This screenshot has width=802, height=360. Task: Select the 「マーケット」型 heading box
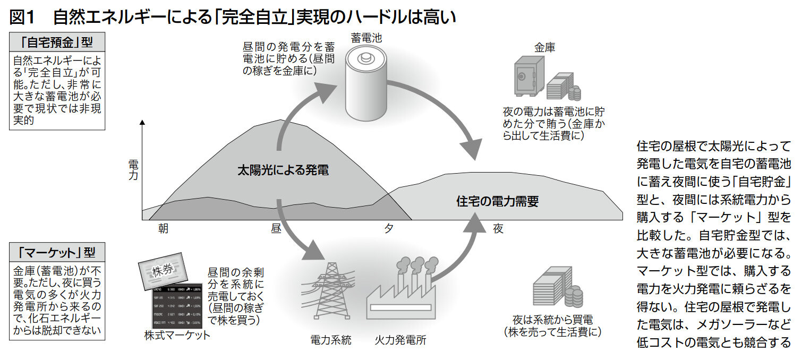coord(57,251)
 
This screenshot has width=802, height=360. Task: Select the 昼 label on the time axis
coord(276,229)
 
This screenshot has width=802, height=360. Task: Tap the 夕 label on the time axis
coord(389,229)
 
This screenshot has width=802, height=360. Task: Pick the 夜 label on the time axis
coord(498,229)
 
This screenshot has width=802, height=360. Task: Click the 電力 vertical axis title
coord(133,169)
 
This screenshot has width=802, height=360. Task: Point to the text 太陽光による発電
coord(283,170)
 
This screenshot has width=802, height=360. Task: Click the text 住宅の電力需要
coord(497,201)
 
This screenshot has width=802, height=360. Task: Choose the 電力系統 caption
coord(331,340)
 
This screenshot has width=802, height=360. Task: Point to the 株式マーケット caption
coord(177,335)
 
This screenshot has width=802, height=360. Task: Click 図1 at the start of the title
coord(22,18)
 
